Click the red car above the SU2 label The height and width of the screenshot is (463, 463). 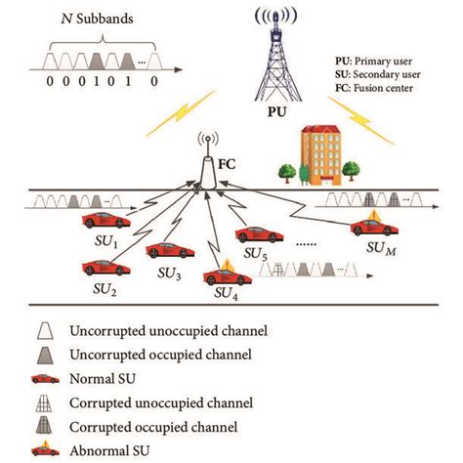103,266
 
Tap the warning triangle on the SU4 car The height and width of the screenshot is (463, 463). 227,263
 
